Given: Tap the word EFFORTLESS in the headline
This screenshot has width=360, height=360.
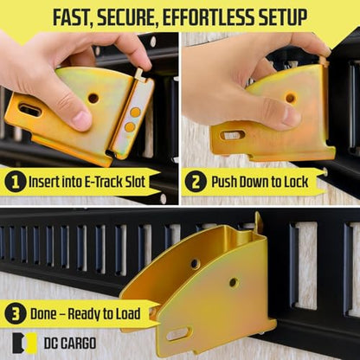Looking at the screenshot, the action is coord(208,17).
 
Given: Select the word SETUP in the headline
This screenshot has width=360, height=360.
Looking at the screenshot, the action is coord(282,17).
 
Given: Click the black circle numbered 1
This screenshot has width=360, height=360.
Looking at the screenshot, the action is coord(15,182).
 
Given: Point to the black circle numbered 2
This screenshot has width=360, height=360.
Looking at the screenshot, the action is coord(196,182).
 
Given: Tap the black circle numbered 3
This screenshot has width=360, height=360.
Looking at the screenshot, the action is coord(15,314).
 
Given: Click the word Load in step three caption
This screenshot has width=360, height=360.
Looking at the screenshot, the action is coord(128,314).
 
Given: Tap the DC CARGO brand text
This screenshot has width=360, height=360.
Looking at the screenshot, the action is coord(70,344).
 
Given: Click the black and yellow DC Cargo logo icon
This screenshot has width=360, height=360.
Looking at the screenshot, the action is coord(25,343).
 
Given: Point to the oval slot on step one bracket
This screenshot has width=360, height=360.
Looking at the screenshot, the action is coord(29,111).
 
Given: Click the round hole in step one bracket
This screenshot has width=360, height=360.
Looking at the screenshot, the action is coord(93,99).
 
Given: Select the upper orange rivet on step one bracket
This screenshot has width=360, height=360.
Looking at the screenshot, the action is coord(135,112).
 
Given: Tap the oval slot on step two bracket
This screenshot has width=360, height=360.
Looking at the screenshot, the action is coord(233,135).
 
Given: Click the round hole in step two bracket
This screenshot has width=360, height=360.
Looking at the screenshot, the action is coord(291,98).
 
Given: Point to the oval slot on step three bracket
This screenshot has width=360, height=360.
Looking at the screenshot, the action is coord(179,333).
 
